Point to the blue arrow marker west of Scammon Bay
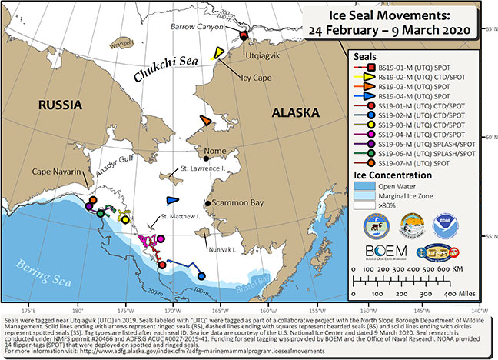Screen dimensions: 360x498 (x=172, y=200)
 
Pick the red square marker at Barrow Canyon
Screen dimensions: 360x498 (x=244, y=36)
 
